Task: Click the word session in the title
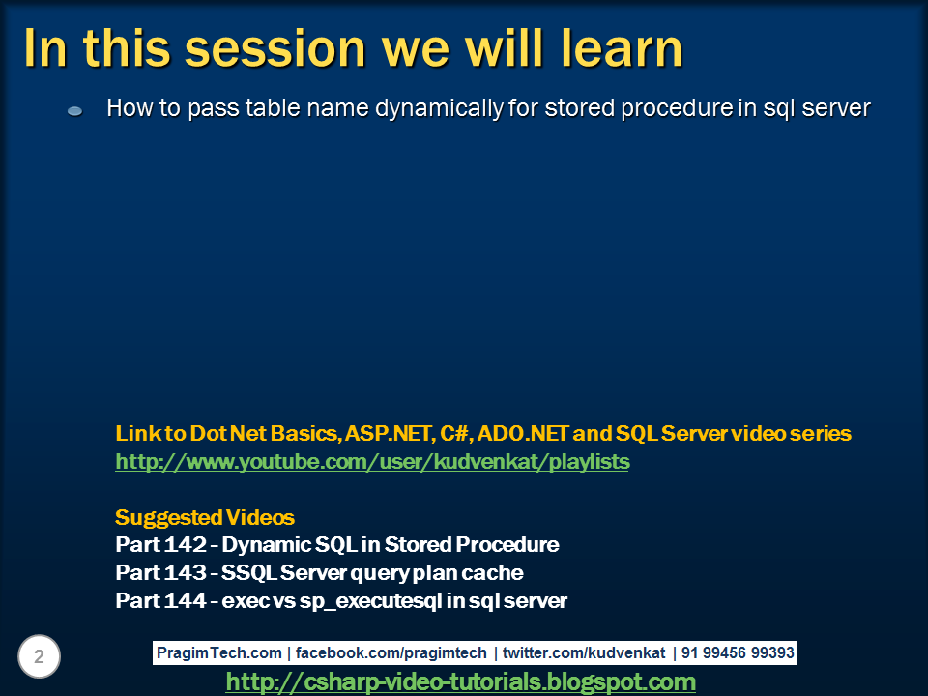coord(275,48)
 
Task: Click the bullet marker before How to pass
coord(75,110)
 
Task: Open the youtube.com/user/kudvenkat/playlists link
coord(372,462)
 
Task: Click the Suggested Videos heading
coord(205,517)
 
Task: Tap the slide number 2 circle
coord(39,656)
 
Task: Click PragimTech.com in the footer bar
coord(219,652)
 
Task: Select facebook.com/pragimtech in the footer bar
coord(391,652)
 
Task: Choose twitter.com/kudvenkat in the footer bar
coord(584,652)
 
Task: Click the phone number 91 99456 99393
coord(738,652)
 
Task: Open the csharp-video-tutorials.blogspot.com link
coord(460,681)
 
